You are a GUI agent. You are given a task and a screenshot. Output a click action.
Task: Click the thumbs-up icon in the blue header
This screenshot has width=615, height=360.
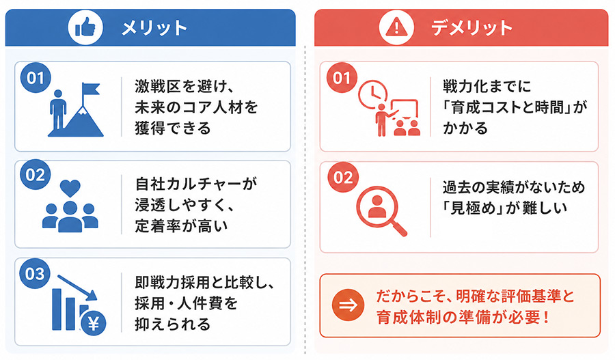pyautogui.click(x=85, y=28)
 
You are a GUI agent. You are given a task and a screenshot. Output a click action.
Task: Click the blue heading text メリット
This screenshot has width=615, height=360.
pyautogui.click(x=154, y=28)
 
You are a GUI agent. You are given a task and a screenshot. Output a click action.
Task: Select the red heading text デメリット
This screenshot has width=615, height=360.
pyautogui.click(x=471, y=28)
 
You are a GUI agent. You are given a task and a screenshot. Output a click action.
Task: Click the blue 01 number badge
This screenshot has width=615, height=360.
pyautogui.click(x=36, y=78)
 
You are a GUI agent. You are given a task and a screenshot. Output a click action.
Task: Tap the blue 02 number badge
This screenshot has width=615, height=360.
pyautogui.click(x=36, y=174)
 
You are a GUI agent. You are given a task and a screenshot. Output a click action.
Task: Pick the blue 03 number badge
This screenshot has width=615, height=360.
pyautogui.click(x=35, y=273)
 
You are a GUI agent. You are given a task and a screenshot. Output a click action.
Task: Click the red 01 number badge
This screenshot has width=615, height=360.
pyautogui.click(x=342, y=78)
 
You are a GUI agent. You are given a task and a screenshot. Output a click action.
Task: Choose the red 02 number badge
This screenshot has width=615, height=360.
pyautogui.click(x=343, y=177)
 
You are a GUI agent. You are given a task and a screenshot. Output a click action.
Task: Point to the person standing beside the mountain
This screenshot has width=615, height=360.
pyautogui.click(x=58, y=110)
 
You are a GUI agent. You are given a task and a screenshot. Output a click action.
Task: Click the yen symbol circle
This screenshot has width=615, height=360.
pyautogui.click(x=94, y=324)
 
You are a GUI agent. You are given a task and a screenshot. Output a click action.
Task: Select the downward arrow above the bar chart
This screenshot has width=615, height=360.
pyautogui.click(x=77, y=288)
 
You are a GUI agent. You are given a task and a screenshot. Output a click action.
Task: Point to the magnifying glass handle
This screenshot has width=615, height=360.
pyautogui.click(x=399, y=228)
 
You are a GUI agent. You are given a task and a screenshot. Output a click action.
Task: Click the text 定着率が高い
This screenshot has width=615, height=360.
pyautogui.click(x=181, y=226)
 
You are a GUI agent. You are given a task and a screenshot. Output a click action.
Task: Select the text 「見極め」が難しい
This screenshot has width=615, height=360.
pyautogui.click(x=505, y=208)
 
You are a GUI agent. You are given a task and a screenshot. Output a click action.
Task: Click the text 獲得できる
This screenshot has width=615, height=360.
pyautogui.click(x=173, y=128)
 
